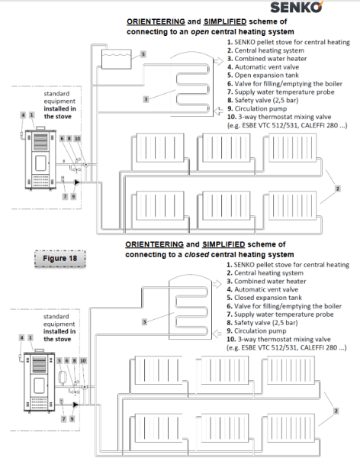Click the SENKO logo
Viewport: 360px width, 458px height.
point(297,7)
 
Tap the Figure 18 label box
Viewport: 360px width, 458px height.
point(59,259)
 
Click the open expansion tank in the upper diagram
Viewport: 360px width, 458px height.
point(116,60)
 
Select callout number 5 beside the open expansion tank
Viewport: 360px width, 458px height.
point(143,54)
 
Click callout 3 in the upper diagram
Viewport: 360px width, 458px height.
point(146,99)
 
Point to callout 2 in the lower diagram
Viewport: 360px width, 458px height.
point(336,411)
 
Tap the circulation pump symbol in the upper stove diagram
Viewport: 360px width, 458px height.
point(77,182)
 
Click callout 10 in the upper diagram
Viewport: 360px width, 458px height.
point(77,138)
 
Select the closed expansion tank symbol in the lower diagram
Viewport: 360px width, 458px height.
point(62,376)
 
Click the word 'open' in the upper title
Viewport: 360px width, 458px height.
point(200,32)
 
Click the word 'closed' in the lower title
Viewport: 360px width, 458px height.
point(197,255)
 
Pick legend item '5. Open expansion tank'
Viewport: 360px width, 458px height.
point(263,76)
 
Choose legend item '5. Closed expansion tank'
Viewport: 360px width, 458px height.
point(264,298)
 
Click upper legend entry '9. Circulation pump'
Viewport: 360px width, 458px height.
point(257,108)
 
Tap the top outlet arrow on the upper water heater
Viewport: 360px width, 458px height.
point(218,61)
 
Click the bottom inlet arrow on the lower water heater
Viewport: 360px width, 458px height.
point(217,334)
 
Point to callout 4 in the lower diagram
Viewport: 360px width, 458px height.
point(21,337)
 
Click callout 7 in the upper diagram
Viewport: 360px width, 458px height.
point(65,196)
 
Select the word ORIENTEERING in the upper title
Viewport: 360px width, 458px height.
point(156,21)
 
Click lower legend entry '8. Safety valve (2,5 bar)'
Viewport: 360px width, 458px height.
point(262,323)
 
